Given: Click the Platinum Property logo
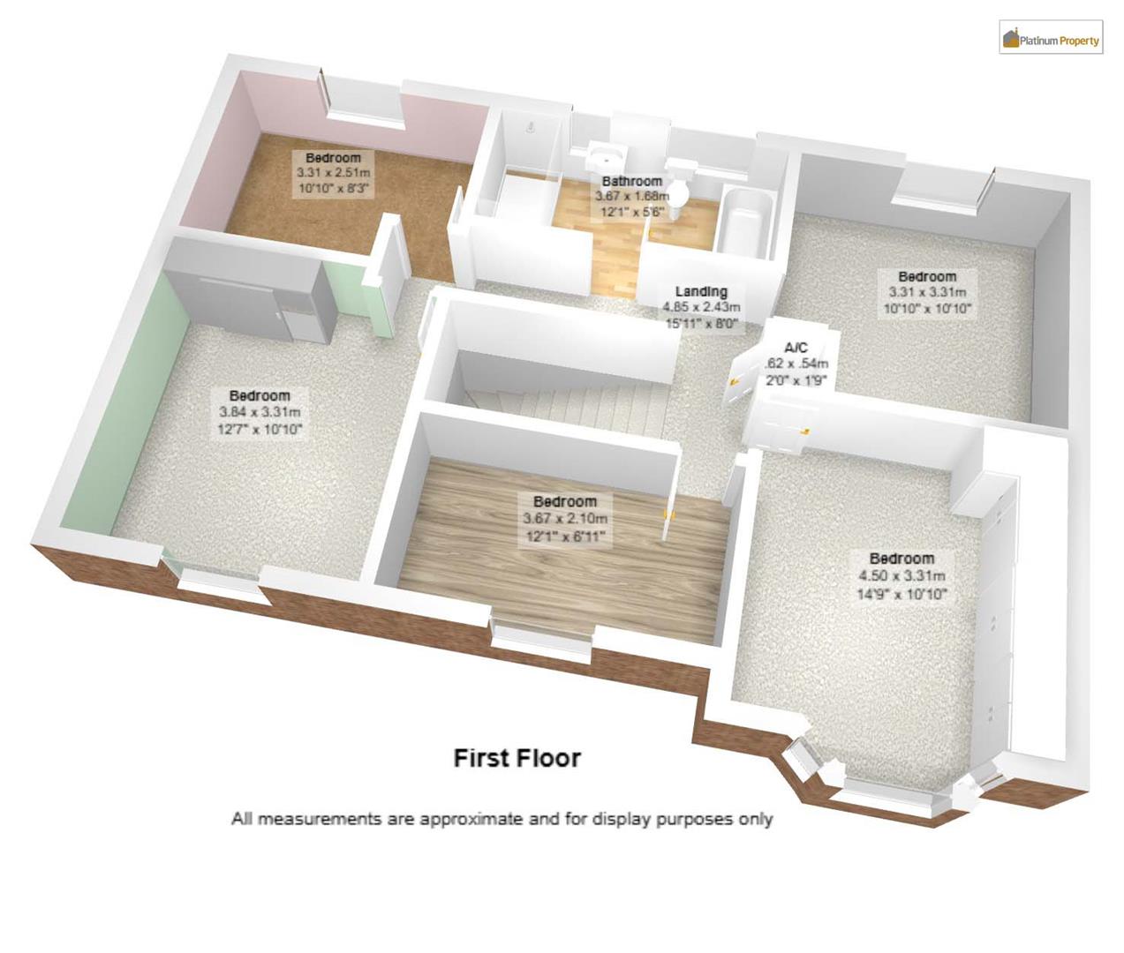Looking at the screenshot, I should pyautogui.click(x=1051, y=39).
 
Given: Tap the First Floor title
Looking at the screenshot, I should pyautogui.click(x=517, y=758).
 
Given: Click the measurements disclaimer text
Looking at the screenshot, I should pyautogui.click(x=502, y=819).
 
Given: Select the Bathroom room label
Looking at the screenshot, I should pyautogui.click(x=631, y=181).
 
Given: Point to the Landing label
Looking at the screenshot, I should pyautogui.click(x=701, y=291).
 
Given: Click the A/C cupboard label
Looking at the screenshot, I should pyautogui.click(x=796, y=348).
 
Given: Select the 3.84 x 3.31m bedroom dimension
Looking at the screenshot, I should pyautogui.click(x=260, y=412).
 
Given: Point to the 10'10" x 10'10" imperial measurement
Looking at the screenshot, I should pyautogui.click(x=927, y=309).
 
